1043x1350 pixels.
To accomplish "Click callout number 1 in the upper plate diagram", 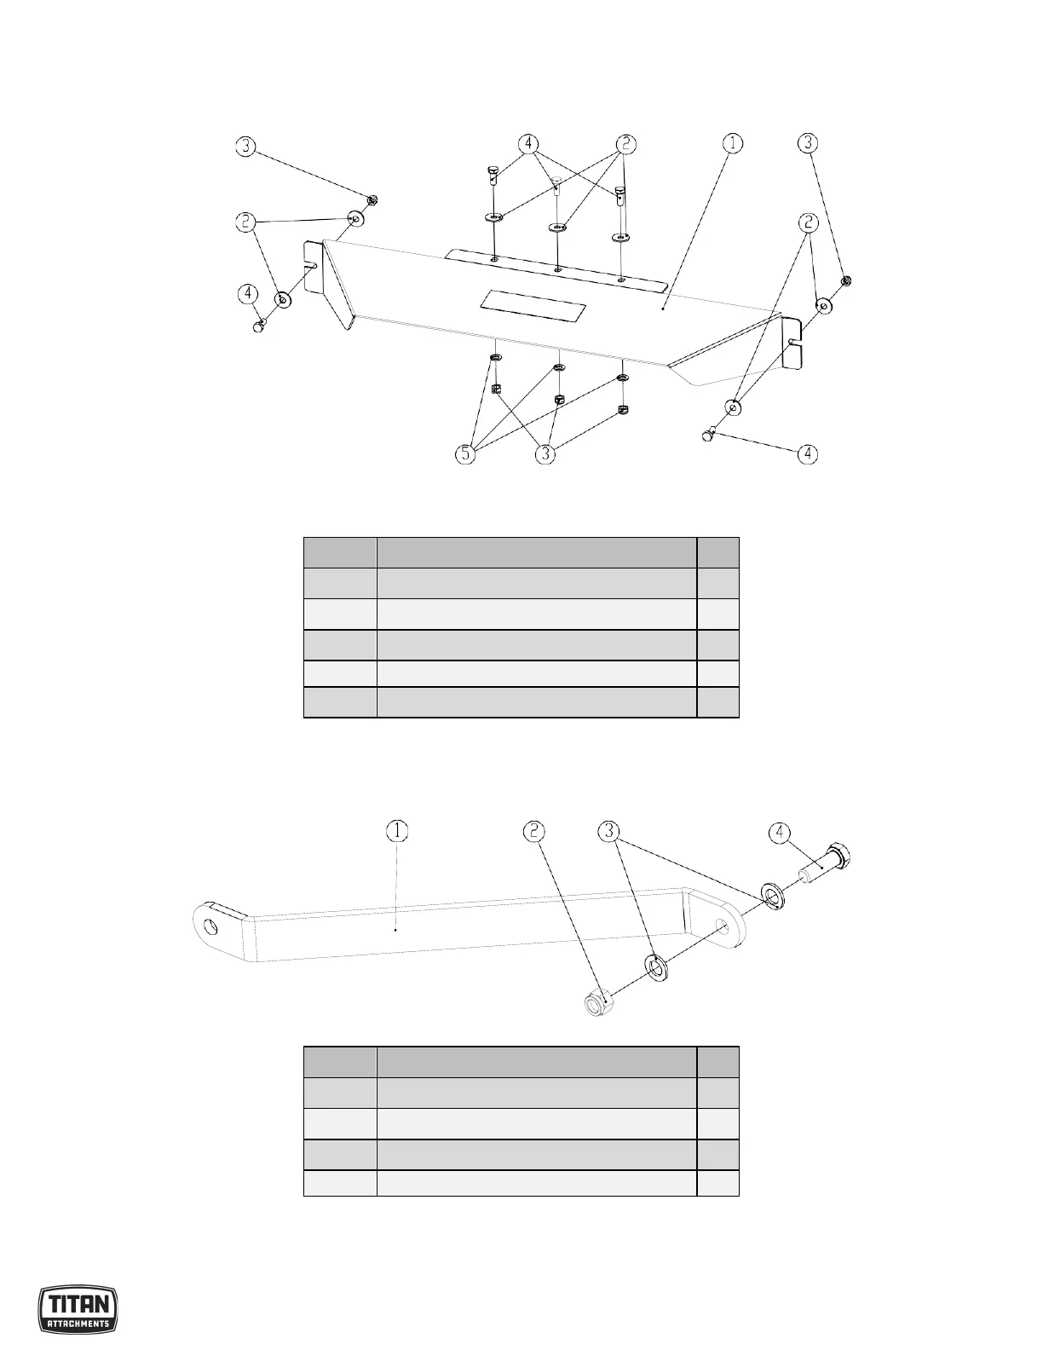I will click(x=732, y=144).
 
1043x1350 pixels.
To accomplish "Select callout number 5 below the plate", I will click(x=464, y=454).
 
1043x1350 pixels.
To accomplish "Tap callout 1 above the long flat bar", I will click(x=397, y=830).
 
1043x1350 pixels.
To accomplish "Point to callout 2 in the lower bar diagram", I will click(x=534, y=830).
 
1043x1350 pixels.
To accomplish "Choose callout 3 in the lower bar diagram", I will click(x=608, y=830).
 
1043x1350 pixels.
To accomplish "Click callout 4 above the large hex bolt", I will click(x=779, y=830).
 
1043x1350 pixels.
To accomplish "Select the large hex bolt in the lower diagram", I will click(x=826, y=865).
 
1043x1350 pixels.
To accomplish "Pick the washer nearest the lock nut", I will click(x=657, y=967).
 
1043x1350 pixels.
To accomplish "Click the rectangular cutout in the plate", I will click(x=533, y=303).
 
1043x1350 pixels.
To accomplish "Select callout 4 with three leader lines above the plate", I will click(x=530, y=144).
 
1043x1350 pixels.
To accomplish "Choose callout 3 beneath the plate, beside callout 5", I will click(x=546, y=454).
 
